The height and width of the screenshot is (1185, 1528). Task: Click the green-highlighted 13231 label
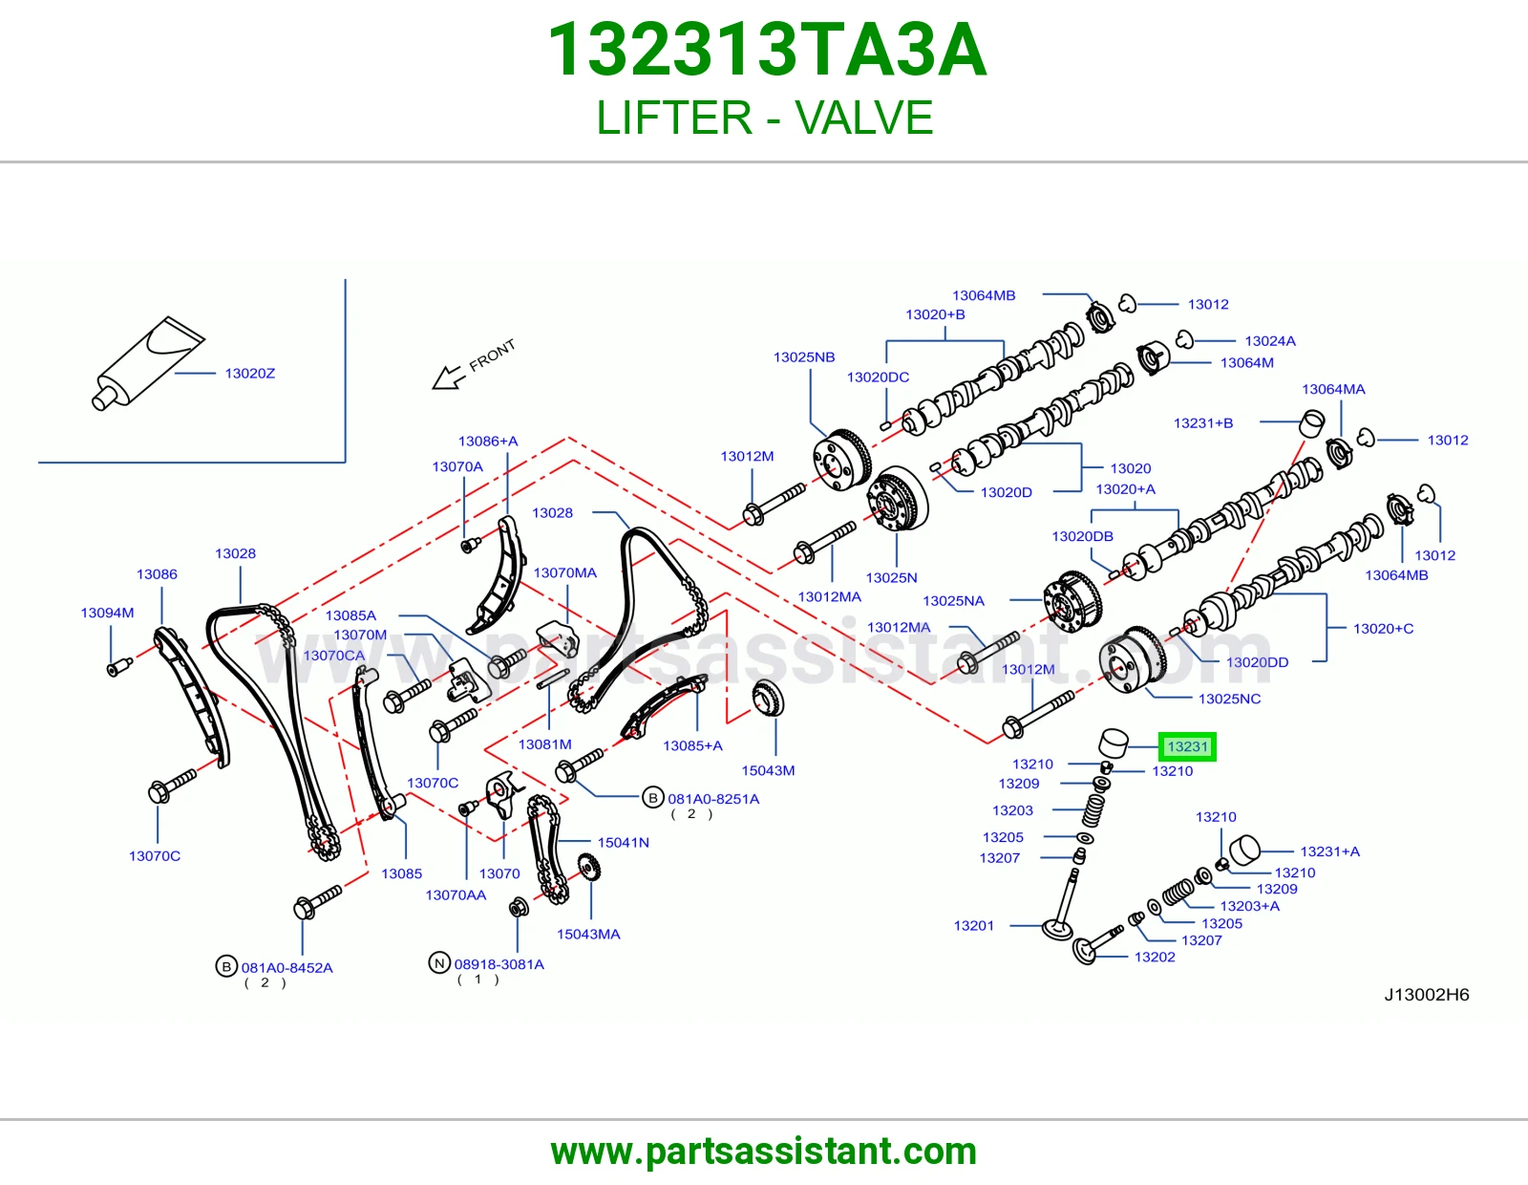pyautogui.click(x=1187, y=746)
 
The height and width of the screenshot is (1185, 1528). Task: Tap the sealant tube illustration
pyautogui.click(x=148, y=363)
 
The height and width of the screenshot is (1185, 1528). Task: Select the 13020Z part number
pyautogui.click(x=249, y=374)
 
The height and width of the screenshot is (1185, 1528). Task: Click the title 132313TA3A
pyautogui.click(x=767, y=50)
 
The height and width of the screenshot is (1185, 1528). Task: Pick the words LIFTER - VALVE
pyautogui.click(x=764, y=118)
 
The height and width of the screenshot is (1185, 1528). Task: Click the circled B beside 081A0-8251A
pyautogui.click(x=652, y=798)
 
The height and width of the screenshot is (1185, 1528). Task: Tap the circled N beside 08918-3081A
pyautogui.click(x=439, y=962)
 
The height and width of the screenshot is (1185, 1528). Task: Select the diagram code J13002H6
pyautogui.click(x=1427, y=994)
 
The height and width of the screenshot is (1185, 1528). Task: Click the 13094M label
pyautogui.click(x=107, y=613)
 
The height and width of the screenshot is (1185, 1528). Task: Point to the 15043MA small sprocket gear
pyautogui.click(x=588, y=867)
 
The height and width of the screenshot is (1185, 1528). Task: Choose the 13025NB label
pyautogui.click(x=804, y=357)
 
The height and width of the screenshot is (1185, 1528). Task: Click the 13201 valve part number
pyautogui.click(x=973, y=926)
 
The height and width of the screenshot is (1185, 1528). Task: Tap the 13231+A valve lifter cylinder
pyautogui.click(x=1245, y=850)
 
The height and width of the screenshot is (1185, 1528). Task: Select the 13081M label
pyautogui.click(x=544, y=744)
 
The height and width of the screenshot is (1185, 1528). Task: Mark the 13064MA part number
pyautogui.click(x=1333, y=389)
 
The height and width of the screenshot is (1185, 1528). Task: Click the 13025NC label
pyautogui.click(x=1229, y=699)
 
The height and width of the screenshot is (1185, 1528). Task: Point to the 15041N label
pyautogui.click(x=623, y=842)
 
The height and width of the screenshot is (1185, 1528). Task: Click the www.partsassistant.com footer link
pyautogui.click(x=764, y=1152)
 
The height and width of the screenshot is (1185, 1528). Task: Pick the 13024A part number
pyautogui.click(x=1270, y=341)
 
